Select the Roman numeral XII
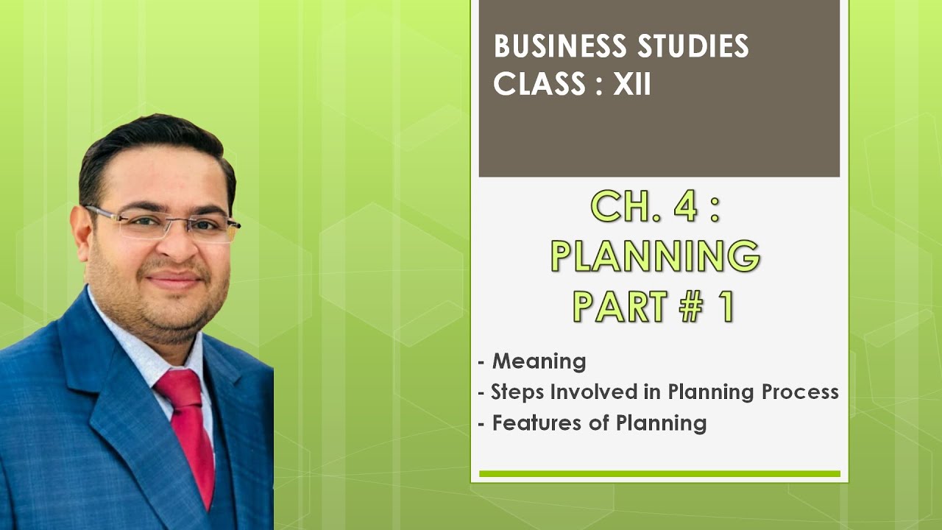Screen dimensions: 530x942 (x=632, y=85)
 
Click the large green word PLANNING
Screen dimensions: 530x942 (x=655, y=257)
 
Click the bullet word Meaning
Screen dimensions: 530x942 (x=539, y=361)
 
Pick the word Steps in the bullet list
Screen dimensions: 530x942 (x=512, y=392)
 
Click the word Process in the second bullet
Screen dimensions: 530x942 (x=801, y=392)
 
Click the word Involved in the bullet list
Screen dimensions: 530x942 (x=583, y=392)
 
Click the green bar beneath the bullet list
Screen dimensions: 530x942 (x=659, y=474)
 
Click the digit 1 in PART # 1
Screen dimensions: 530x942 (x=727, y=306)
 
